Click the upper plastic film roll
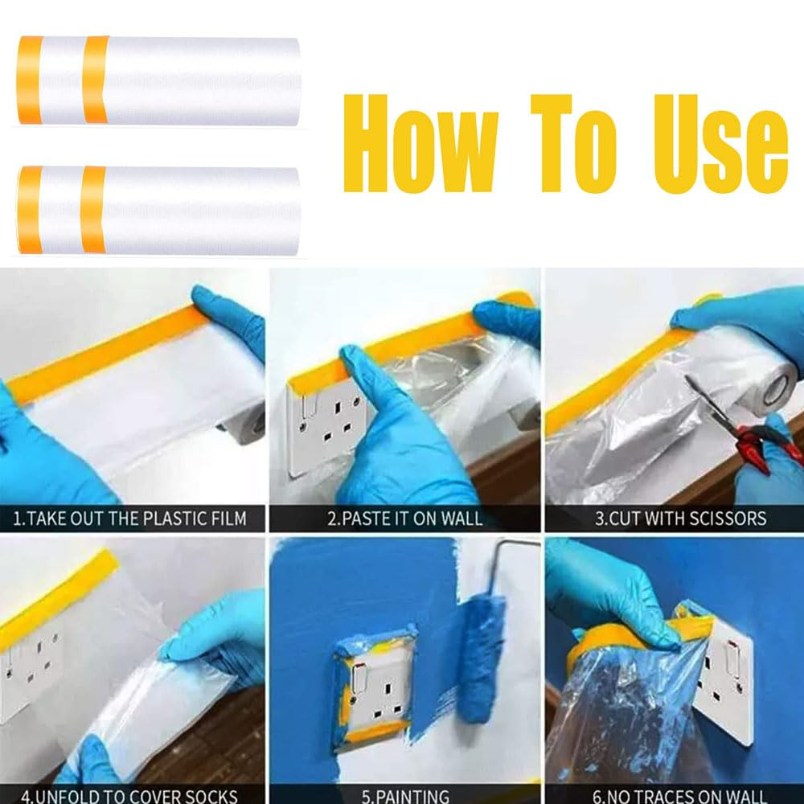click(159, 80)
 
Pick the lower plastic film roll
click(159, 210)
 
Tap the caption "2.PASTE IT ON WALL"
click(405, 518)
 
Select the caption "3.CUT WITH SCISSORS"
click(680, 518)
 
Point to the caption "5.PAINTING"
click(405, 797)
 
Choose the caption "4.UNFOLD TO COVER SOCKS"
click(130, 797)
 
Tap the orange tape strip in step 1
click(105, 354)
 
